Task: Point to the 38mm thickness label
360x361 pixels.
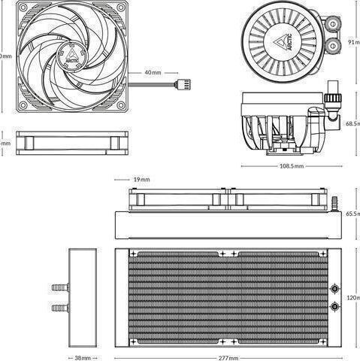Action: pyautogui.click(x=82, y=358)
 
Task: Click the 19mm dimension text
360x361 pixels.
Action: pyautogui.click(x=141, y=180)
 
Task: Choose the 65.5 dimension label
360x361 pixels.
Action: pyautogui.click(x=352, y=214)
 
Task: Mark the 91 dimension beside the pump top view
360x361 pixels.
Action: pyautogui.click(x=353, y=43)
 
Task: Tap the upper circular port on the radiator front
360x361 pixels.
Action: pyautogui.click(x=332, y=288)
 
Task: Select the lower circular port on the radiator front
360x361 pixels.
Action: pyautogui.click(x=332, y=307)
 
